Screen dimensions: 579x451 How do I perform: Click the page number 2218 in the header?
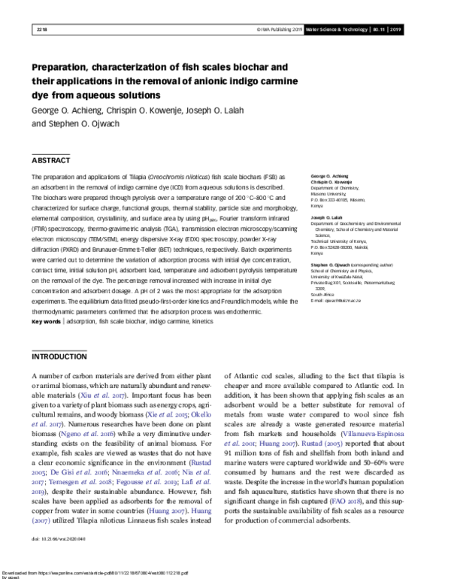(41, 31)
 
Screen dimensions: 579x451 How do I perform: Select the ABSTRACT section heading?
(51, 160)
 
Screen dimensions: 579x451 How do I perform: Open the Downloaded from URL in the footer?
(113, 569)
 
